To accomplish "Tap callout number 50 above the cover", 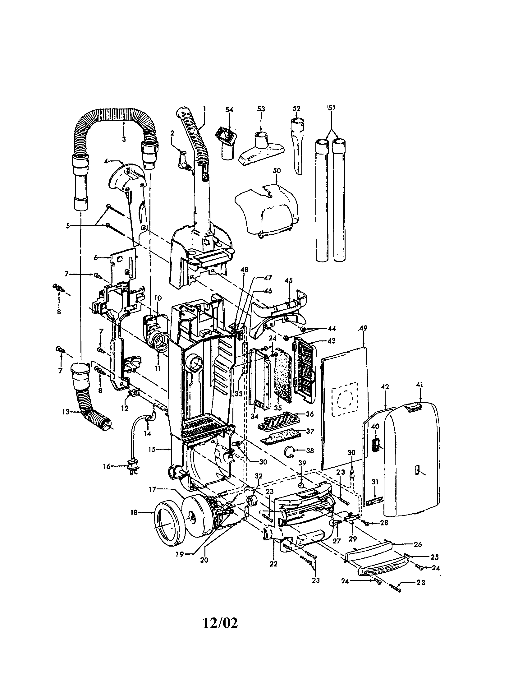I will click(x=277, y=171).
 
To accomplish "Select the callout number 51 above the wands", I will click(x=331, y=108).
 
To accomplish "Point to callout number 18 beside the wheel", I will click(x=134, y=513).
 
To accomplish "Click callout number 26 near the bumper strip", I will click(x=418, y=544).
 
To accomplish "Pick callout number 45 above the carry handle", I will click(x=289, y=280).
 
